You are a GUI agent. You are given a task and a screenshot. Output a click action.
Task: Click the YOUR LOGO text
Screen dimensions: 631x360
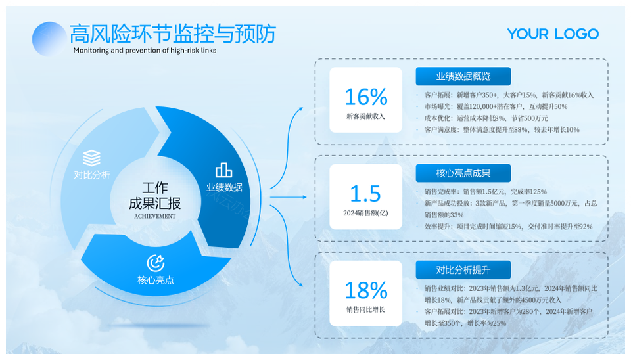tap(553, 34)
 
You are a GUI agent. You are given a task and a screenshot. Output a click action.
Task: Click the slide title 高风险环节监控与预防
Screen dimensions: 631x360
tap(173, 34)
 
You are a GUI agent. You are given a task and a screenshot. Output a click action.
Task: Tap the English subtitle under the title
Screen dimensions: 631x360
tap(145, 51)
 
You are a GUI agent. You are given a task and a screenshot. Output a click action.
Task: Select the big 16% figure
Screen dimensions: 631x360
tap(366, 97)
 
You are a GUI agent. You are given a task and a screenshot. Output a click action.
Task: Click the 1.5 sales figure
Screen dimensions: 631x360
tap(365, 194)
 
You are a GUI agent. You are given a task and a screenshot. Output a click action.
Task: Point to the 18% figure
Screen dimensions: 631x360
tap(366, 290)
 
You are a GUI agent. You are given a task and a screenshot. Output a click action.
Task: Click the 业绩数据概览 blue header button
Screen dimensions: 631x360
tap(463, 76)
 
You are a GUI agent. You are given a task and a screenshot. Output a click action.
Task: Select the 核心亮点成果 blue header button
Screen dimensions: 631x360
tap(463, 173)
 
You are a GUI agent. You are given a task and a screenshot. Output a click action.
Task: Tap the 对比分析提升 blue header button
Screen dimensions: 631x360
tap(463, 270)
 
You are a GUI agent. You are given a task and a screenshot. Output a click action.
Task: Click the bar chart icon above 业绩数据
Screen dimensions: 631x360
tap(223, 170)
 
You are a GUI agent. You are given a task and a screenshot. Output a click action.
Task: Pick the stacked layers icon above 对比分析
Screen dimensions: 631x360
tap(92, 158)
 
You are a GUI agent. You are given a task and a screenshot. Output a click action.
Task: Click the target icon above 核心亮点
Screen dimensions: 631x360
tap(155, 263)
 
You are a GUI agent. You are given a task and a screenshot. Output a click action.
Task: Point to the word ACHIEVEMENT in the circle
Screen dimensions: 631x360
tap(155, 216)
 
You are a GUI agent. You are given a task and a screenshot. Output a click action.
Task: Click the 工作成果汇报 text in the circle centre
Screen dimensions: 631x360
tap(155, 196)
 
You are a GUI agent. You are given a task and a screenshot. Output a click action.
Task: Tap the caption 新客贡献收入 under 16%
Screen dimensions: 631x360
tap(366, 116)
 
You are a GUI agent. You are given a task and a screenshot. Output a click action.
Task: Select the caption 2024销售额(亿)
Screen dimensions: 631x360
tap(365, 214)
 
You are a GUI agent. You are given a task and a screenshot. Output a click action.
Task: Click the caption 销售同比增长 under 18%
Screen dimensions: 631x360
tap(366, 309)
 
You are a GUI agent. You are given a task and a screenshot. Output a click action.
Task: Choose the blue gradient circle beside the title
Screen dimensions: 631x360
tap(49, 39)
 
